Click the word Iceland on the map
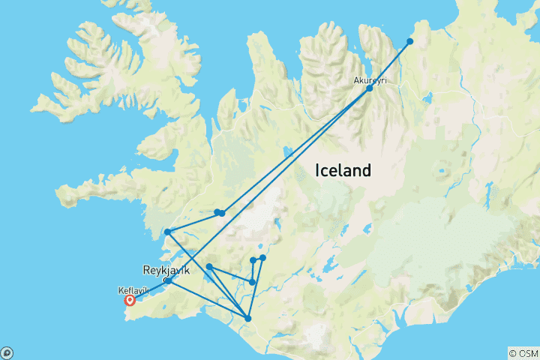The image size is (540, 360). [x=342, y=170]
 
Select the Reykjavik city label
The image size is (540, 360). [x=169, y=268]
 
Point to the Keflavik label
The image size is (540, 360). [x=133, y=289]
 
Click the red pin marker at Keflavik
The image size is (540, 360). [x=130, y=301]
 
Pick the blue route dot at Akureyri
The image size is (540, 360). [x=369, y=88]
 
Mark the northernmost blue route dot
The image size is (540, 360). [x=410, y=41]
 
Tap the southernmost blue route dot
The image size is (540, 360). [x=247, y=319]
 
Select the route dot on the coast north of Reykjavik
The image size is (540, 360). [x=167, y=232]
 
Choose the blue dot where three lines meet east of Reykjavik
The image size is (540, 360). [x=209, y=266]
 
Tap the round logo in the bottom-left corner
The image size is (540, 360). [x=6, y=353]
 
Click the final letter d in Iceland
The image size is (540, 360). [x=367, y=170]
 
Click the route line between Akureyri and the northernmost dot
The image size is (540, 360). [x=390, y=64]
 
